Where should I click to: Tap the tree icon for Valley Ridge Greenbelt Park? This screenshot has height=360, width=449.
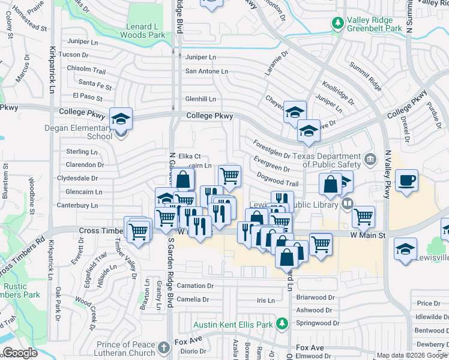point(338,23)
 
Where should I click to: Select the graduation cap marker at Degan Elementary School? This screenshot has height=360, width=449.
point(121,118)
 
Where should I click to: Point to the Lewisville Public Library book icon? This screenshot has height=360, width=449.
point(347,204)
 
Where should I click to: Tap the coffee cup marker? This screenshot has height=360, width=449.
point(406,181)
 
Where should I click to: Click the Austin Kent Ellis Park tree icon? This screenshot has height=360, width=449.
point(282,325)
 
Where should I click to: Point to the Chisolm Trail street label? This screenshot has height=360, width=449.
point(86,68)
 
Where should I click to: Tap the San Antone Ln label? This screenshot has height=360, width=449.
point(206,71)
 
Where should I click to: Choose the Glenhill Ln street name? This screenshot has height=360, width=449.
point(200,99)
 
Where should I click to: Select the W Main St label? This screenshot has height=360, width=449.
point(367,235)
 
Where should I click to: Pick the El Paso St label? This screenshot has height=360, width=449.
point(88,96)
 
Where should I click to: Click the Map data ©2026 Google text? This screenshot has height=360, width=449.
point(412,355)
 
